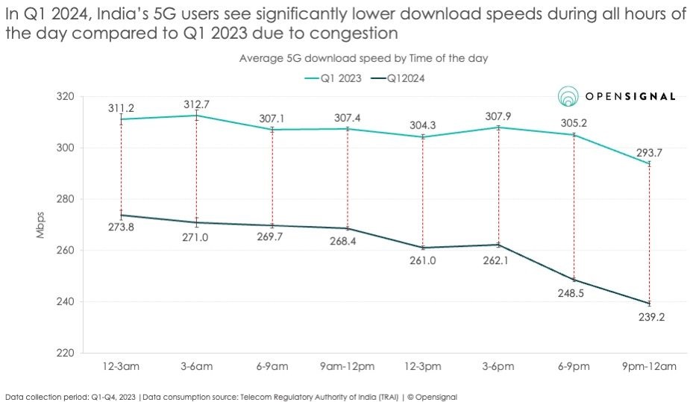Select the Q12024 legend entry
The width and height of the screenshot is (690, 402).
(x=407, y=77)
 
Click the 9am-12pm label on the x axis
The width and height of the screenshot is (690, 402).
(x=347, y=366)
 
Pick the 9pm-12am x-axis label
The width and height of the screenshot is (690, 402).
(x=649, y=366)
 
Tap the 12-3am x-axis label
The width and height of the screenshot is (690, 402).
(x=121, y=366)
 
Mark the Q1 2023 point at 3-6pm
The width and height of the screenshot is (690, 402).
(x=498, y=128)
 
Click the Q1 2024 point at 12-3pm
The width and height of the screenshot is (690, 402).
(x=423, y=248)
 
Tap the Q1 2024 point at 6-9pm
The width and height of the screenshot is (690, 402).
(x=574, y=280)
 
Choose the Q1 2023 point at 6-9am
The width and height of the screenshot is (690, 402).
(x=272, y=130)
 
